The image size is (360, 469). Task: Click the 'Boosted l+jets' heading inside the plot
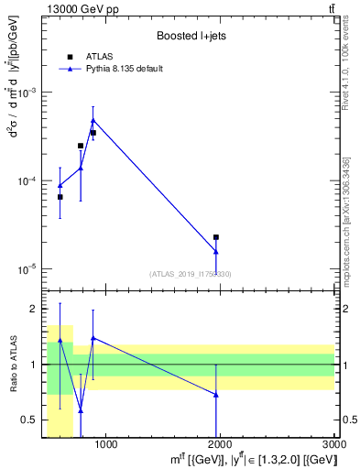tap(191, 36)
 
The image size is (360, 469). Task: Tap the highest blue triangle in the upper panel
tap(93, 120)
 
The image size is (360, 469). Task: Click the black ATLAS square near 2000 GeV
tap(216, 237)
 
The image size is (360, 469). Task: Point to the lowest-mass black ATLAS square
tap(60, 197)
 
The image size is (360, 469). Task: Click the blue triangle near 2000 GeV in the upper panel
tap(216, 252)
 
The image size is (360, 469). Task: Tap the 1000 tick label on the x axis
tap(106, 445)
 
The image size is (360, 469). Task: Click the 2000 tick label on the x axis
tap(221, 445)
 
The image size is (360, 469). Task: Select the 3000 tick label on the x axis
tap(334, 445)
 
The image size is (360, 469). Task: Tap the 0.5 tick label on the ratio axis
tap(35, 420)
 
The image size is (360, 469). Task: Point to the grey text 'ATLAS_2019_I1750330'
tap(191, 274)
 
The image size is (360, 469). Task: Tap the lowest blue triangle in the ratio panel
tap(81, 410)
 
